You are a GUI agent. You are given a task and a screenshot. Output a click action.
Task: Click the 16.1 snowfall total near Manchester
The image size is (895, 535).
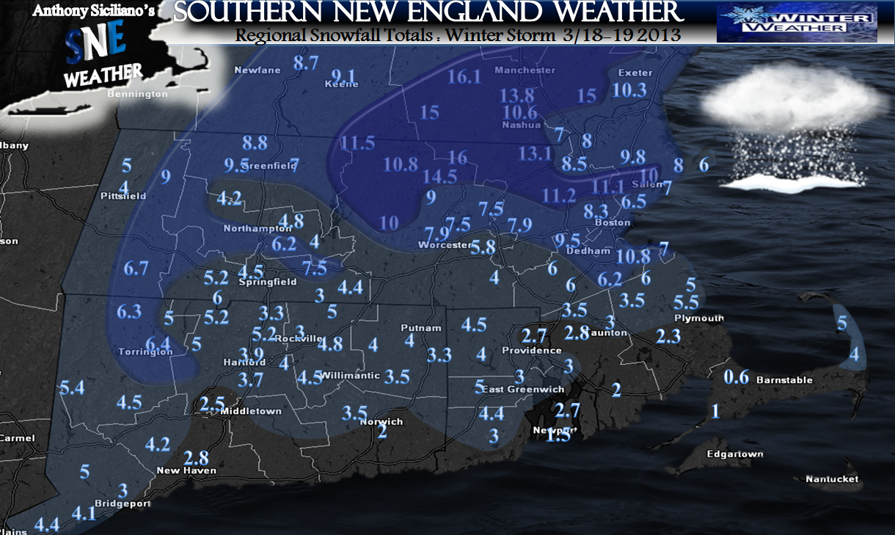[464, 77]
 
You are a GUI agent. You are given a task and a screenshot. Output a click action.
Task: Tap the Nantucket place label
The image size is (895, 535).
[832, 479]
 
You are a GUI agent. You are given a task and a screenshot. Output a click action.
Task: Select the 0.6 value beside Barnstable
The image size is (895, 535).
[736, 378]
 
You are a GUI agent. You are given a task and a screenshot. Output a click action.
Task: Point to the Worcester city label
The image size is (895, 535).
[445, 245]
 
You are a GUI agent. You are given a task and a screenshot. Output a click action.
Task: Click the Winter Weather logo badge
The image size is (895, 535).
[797, 22]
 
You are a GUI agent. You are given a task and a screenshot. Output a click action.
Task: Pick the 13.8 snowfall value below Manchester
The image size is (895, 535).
[517, 95]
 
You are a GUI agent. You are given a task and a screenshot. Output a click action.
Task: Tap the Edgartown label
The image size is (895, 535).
[734, 454]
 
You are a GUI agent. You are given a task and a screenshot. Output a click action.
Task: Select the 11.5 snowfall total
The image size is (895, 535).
[357, 143]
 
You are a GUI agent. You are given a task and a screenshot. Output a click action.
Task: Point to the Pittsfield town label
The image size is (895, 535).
[123, 196]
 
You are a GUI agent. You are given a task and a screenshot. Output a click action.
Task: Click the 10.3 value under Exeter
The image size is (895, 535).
[629, 90]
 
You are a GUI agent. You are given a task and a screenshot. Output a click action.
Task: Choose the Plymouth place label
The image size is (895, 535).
[699, 319]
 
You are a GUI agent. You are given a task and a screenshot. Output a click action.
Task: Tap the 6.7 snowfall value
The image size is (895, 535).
[136, 269]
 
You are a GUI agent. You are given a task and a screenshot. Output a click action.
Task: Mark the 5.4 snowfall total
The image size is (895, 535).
[73, 388]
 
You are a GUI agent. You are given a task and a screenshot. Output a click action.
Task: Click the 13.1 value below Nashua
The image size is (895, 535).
[535, 153]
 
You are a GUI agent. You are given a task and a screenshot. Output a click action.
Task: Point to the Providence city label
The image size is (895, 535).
[532, 351]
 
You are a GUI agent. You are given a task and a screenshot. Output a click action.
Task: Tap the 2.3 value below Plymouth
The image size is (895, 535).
[668, 336]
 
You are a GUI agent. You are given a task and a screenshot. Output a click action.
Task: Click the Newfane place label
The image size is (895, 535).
[252, 70]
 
